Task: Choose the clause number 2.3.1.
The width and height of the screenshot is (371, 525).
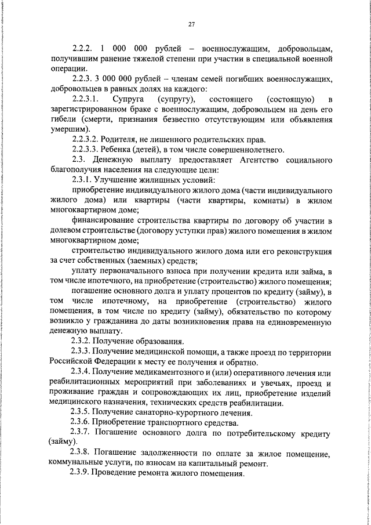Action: click(81, 180)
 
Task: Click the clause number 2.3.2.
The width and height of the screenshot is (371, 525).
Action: click(81, 341)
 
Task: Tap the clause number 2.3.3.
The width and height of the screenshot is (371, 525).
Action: click(81, 353)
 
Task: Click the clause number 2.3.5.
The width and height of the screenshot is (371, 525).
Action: click(81, 414)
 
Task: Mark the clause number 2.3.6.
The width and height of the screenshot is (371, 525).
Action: click(81, 424)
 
